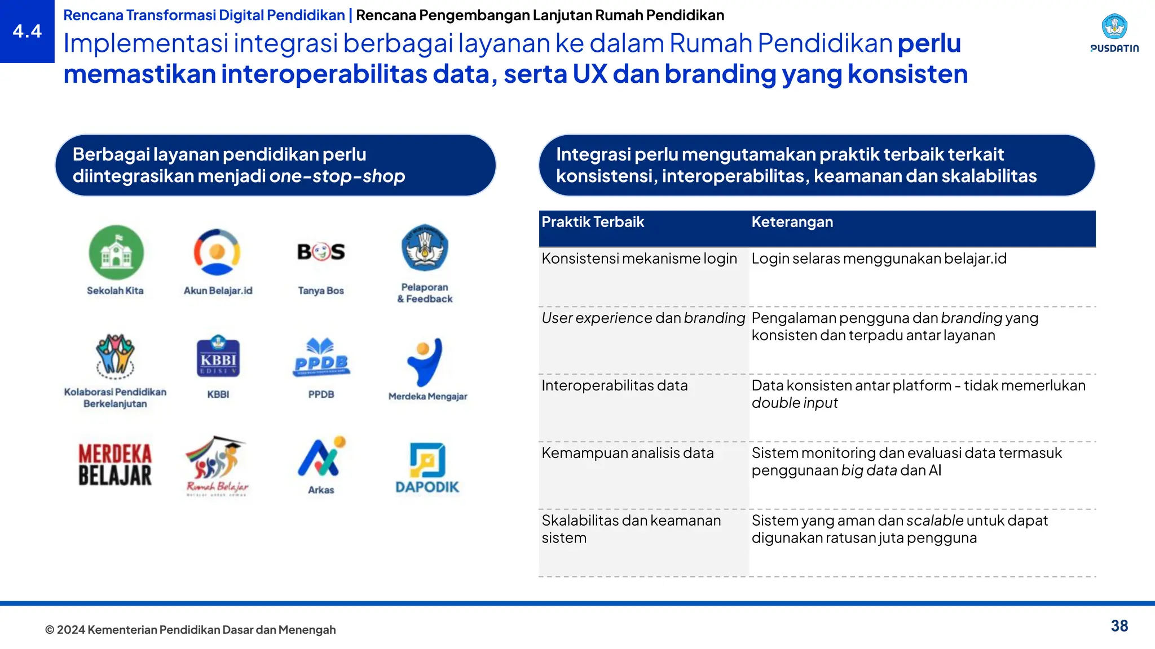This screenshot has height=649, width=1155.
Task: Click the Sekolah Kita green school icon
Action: pos(116,252)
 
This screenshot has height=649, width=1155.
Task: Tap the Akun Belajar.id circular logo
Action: pos(217,252)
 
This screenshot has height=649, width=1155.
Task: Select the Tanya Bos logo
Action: pos(321,251)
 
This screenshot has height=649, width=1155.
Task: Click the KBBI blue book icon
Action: pos(218,357)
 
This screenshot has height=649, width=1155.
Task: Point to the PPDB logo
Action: pos(321,358)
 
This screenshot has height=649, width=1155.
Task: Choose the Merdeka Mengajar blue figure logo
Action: pos(425,361)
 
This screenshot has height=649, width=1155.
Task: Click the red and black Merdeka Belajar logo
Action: pos(115,465)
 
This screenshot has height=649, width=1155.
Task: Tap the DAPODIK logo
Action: pos(427,468)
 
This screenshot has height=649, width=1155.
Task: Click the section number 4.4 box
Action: pos(27,32)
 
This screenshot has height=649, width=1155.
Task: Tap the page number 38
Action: pos(1119,626)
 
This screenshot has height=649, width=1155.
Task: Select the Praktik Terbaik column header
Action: pos(593,222)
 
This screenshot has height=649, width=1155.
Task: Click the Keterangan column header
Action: pos(792,222)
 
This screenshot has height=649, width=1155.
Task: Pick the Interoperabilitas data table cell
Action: pos(615,386)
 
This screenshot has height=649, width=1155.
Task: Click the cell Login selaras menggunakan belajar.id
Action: pos(879,259)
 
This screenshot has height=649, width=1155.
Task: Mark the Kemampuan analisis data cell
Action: pos(628,453)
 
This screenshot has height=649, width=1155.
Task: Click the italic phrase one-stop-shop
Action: pos(337,176)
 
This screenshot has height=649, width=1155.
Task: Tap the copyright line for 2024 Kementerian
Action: pos(191,630)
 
